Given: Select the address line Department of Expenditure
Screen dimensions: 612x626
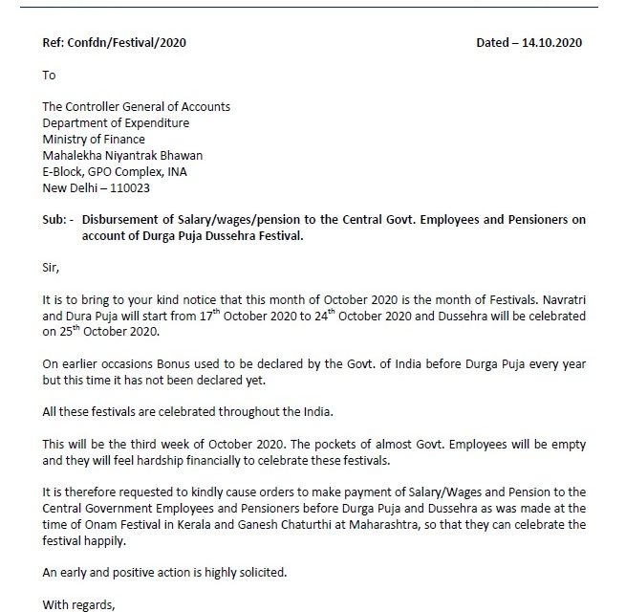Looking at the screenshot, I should click(116, 123).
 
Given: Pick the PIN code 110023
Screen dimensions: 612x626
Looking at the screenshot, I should click(119, 188).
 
